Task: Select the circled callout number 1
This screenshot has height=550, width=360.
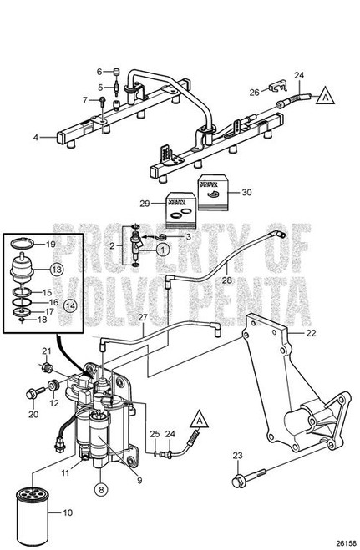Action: [163, 247]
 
